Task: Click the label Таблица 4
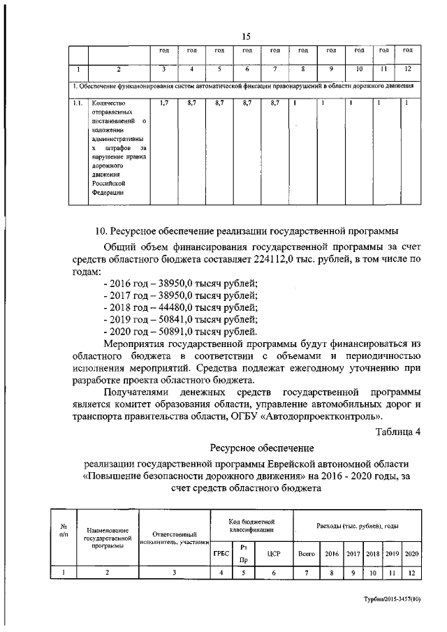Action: point(397,431)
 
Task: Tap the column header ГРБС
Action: point(221,553)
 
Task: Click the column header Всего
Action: point(306,553)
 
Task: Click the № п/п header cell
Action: point(63,531)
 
